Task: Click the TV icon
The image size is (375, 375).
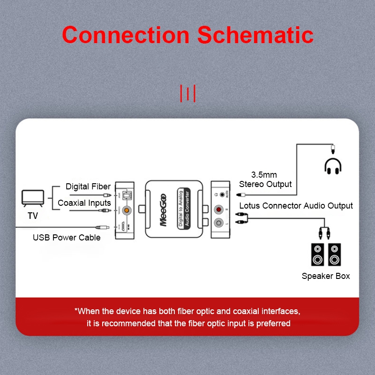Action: pos(33,198)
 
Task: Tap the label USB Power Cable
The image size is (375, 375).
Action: pos(67,238)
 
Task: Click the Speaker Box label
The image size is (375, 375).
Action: pos(326,276)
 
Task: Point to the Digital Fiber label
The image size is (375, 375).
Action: pos(88,187)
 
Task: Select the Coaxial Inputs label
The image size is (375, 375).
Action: pos(84,203)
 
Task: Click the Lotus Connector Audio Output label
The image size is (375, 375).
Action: pos(296,206)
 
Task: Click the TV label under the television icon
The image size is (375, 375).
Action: pos(33,216)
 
